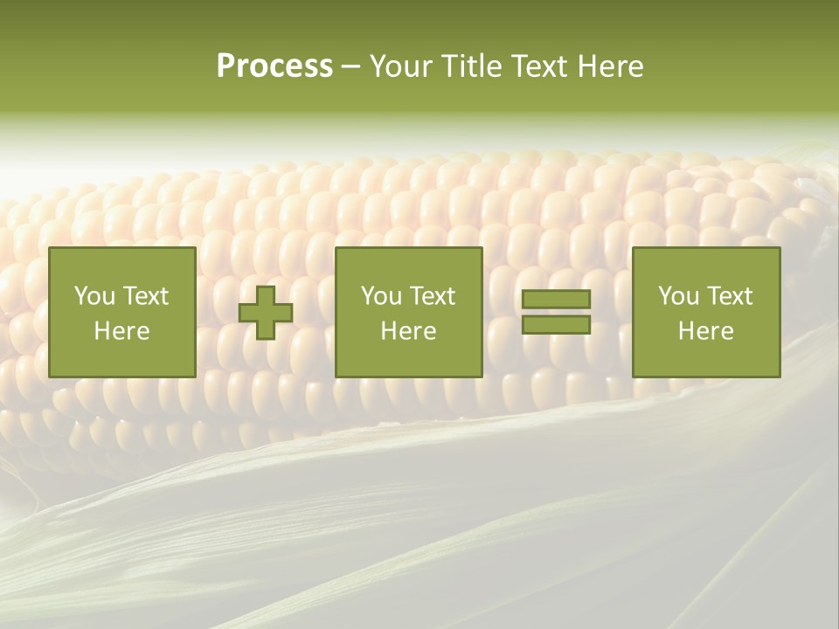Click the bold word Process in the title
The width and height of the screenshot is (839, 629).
click(274, 66)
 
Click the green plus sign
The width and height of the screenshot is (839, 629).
click(266, 313)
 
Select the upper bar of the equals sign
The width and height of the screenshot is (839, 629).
click(556, 300)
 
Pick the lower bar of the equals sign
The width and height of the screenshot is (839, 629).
click(556, 325)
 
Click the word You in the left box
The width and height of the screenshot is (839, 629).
click(94, 296)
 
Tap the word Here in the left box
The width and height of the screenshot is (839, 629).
click(121, 331)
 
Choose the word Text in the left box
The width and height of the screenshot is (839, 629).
click(145, 296)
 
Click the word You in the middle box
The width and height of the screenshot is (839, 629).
click(381, 296)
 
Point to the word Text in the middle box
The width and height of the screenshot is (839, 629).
click(432, 296)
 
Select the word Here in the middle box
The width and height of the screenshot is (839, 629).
click(408, 331)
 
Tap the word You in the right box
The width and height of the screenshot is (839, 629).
click(678, 296)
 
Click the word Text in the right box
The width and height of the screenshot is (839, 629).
click(729, 296)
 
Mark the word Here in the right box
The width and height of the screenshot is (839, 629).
click(705, 331)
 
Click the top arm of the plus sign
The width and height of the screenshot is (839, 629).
click(266, 294)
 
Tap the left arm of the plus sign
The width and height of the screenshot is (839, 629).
click(247, 313)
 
